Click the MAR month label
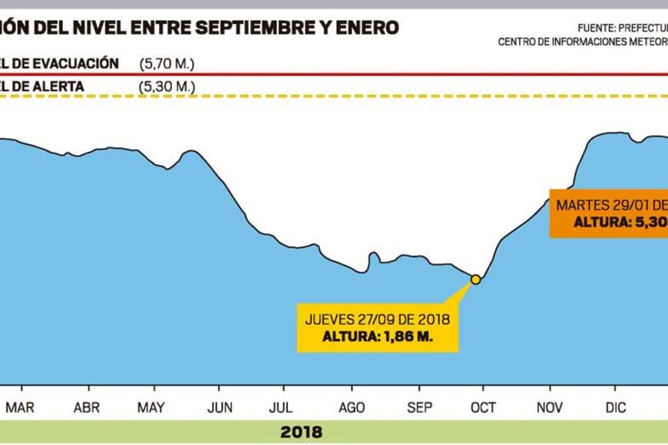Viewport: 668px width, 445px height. (20, 408)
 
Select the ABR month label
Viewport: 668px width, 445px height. (87, 408)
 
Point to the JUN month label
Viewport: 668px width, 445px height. (221, 408)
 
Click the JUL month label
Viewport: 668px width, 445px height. (283, 408)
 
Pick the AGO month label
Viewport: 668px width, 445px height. (352, 408)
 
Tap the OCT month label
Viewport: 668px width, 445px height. (484, 408)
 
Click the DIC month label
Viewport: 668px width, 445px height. (616, 408)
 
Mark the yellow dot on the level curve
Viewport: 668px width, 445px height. (475, 279)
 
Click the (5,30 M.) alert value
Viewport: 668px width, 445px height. (167, 86)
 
